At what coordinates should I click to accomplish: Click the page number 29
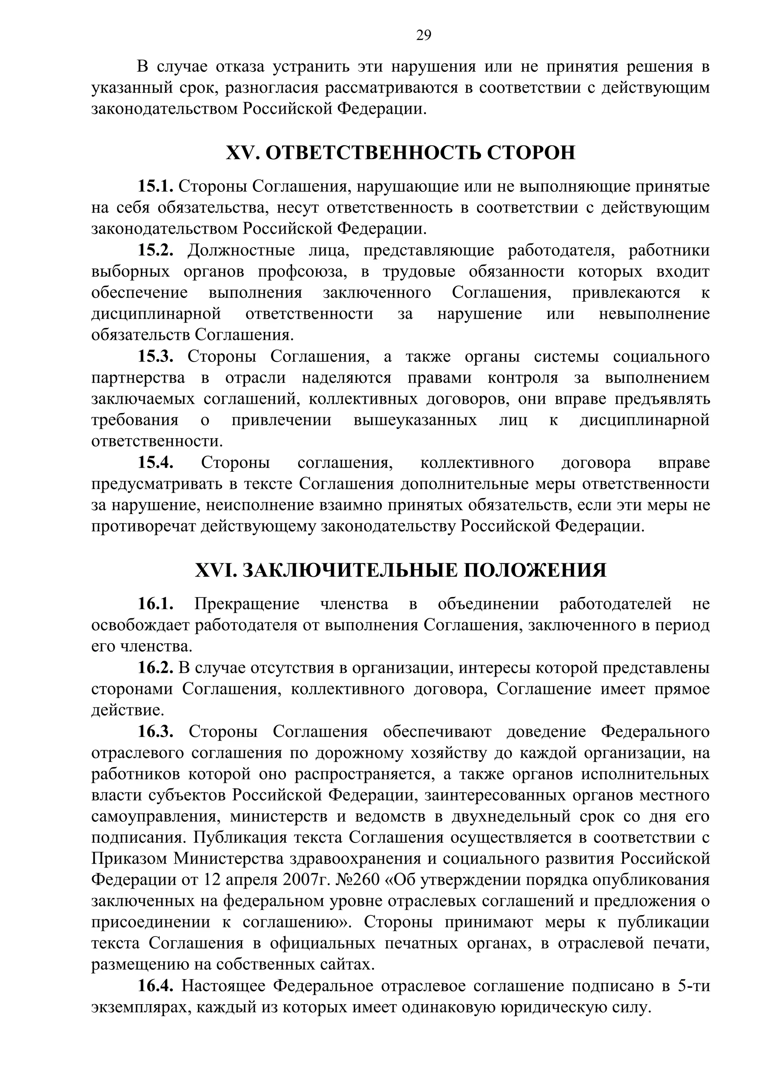coord(423,36)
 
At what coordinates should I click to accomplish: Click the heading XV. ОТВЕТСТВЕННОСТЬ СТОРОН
coord(401,153)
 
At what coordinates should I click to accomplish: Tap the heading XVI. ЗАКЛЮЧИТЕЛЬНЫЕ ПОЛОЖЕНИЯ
coord(401,570)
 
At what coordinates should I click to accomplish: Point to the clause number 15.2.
coord(155,250)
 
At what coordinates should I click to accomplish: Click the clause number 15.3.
coord(155,357)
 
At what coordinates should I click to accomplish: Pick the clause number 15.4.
coord(155,463)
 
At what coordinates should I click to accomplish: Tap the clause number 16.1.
coord(155,604)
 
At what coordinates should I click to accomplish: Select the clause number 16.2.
coord(155,668)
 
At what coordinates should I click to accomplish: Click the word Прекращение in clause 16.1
coord(247,604)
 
